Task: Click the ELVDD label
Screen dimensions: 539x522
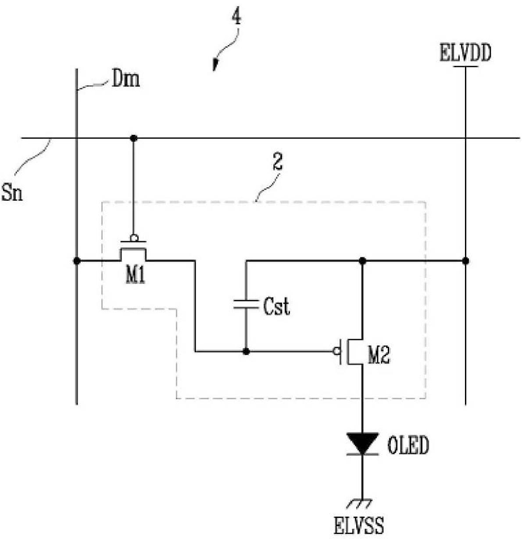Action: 465,54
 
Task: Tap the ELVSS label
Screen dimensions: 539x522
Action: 359,525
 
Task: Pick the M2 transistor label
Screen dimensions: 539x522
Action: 378,356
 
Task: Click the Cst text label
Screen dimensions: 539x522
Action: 276,306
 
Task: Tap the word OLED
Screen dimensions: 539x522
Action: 408,446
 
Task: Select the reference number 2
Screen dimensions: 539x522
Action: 277,163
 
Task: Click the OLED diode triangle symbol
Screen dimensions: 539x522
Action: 362,443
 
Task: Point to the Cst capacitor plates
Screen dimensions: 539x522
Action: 246,304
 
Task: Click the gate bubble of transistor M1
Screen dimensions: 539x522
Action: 134,239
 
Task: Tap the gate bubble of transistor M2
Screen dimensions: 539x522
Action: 337,351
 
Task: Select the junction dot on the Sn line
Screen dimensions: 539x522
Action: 134,138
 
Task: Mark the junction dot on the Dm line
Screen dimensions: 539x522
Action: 77,261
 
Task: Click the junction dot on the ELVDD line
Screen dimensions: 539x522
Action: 465,261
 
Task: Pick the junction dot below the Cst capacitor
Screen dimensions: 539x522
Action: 246,351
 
